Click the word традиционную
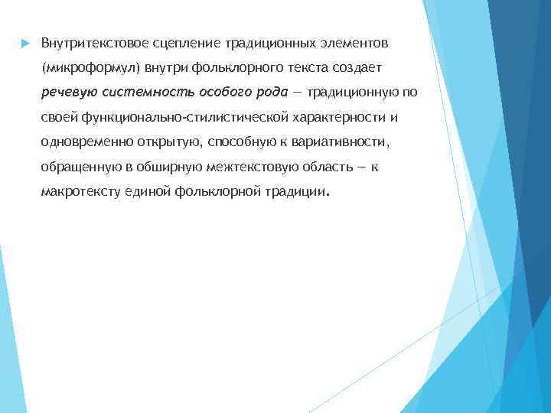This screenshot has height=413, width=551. (x=352, y=93)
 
